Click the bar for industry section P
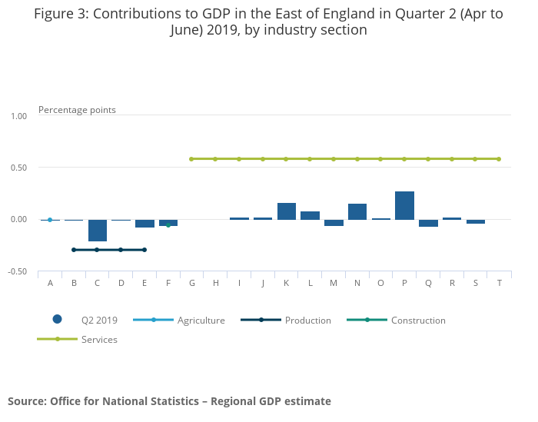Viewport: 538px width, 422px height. point(404,205)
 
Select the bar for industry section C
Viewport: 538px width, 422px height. point(98,230)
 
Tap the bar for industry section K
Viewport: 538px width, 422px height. point(287,211)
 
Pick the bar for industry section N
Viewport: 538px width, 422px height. point(357,211)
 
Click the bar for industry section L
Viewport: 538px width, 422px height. point(310,215)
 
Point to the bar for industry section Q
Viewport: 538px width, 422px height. point(428,223)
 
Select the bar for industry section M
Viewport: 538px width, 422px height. point(334,222)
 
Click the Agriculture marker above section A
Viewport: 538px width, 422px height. point(50,220)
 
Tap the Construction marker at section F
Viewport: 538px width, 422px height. point(168,224)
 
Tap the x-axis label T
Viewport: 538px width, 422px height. point(499,283)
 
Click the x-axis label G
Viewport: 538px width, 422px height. point(191,283)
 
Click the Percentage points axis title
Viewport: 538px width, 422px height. point(77,109)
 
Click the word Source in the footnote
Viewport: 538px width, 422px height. point(27,400)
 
